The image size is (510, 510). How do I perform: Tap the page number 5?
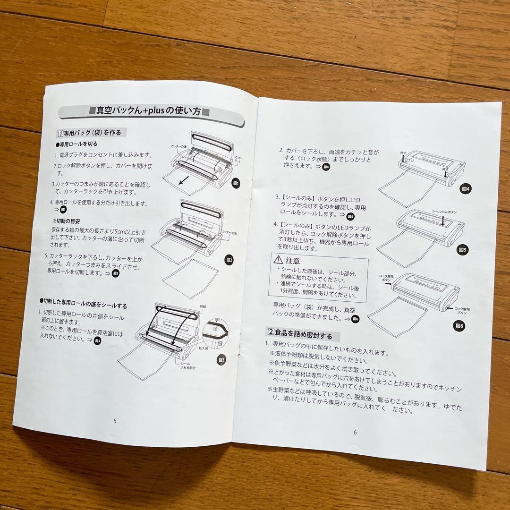(x=115, y=420)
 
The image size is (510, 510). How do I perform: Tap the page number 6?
(x=355, y=432)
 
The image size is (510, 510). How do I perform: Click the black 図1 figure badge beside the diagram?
(x=237, y=184)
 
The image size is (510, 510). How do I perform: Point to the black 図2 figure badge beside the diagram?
(x=229, y=260)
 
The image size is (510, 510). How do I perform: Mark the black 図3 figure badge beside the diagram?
(x=221, y=360)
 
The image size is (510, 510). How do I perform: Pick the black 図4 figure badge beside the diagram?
(x=466, y=188)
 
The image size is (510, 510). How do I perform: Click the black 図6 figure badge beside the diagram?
(x=459, y=325)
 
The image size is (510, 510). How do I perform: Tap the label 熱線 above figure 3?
(x=204, y=306)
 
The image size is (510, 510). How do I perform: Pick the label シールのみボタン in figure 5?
(x=444, y=212)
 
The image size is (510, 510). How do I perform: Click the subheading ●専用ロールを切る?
(x=76, y=144)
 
